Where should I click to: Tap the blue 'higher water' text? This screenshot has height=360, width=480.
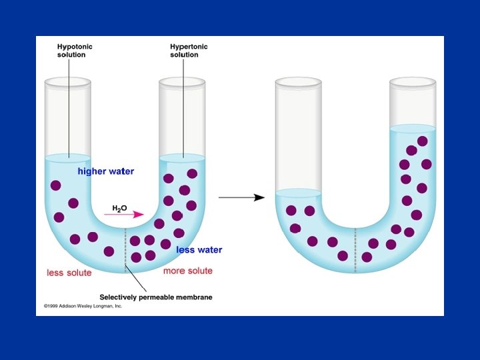[105, 171]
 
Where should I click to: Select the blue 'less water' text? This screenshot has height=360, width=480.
[199, 250]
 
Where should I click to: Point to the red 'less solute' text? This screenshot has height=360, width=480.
[69, 273]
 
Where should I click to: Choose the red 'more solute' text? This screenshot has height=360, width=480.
[188, 271]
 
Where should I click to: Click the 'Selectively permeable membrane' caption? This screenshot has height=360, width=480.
[155, 297]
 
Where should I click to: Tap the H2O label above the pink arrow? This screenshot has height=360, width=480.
[119, 209]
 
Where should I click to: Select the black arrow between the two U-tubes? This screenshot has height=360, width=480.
[241, 197]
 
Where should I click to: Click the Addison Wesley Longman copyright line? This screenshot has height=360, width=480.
[83, 306]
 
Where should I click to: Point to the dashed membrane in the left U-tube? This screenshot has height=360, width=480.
[125, 250]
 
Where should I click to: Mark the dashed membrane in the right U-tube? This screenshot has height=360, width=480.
[355, 250]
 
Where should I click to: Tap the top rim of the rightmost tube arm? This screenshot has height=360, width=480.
[413, 82]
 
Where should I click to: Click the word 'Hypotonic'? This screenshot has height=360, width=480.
[75, 47]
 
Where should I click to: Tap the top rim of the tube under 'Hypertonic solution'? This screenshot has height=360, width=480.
[182, 82]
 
